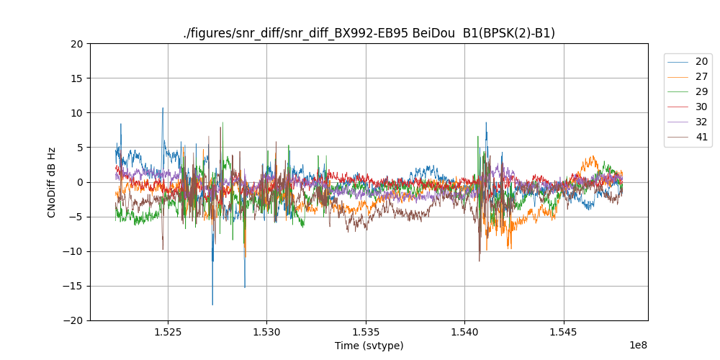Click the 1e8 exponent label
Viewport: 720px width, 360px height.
(638, 345)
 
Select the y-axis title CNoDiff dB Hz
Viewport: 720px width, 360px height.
(52, 182)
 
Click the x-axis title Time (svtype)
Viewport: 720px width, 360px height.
(369, 346)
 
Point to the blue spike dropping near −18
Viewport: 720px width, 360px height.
(212, 304)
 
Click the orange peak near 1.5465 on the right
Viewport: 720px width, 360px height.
(593, 157)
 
